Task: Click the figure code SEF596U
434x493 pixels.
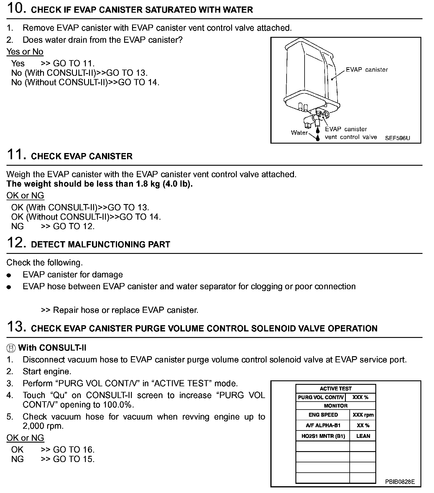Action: (x=397, y=138)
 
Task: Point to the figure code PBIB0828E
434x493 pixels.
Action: (x=400, y=482)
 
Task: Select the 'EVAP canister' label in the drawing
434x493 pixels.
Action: (x=366, y=70)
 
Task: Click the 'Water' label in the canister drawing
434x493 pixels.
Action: (x=299, y=133)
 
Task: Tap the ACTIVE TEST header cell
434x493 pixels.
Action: (x=336, y=389)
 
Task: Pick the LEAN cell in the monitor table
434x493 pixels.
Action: (x=363, y=436)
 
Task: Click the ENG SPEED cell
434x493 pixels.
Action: (x=323, y=415)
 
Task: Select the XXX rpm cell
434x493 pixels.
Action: (x=363, y=415)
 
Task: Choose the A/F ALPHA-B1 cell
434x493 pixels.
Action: (x=323, y=425)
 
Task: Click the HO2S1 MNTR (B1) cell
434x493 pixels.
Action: (x=323, y=436)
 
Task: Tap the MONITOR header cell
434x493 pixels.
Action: (x=336, y=406)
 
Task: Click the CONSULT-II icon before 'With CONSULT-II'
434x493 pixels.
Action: (x=11, y=348)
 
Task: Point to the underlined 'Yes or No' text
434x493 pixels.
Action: (x=25, y=52)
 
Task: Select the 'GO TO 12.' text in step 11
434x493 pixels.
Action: (x=74, y=226)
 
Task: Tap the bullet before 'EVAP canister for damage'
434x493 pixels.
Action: (x=9, y=275)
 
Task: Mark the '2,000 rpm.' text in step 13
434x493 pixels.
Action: (x=43, y=426)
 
